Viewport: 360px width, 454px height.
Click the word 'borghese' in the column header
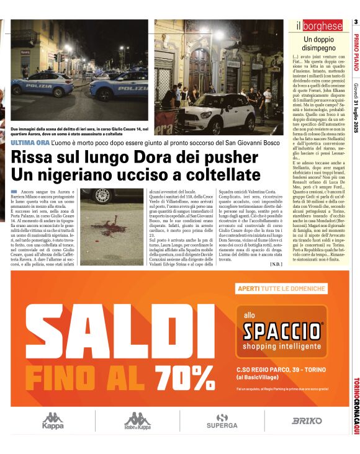point(323,26)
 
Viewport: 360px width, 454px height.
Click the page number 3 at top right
point(356,22)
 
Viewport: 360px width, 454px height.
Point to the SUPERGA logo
point(222,421)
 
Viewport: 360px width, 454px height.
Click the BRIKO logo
point(307,421)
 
